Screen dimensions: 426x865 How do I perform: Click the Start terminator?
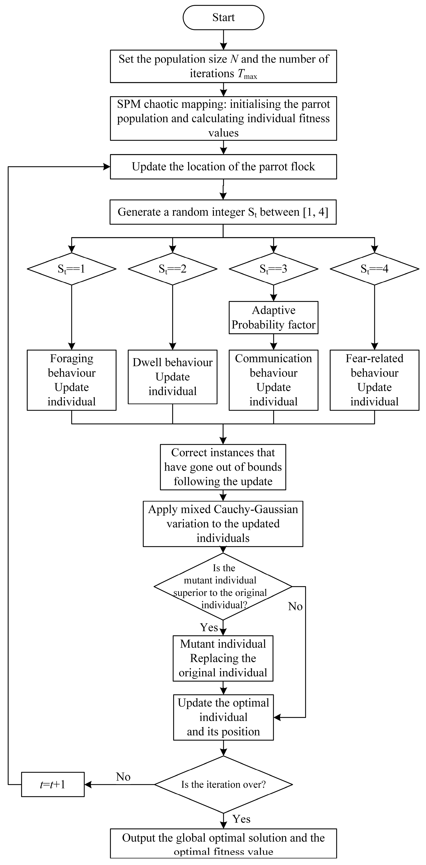point(223,17)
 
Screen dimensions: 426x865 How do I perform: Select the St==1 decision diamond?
point(72,269)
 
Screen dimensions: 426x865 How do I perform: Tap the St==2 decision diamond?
point(172,269)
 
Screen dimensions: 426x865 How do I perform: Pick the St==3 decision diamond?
point(273,269)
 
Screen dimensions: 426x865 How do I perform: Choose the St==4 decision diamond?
point(374,269)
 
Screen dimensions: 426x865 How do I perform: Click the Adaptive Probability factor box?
point(273,318)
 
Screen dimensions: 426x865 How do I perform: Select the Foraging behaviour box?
point(72,380)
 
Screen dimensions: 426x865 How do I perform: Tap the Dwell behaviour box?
point(172,377)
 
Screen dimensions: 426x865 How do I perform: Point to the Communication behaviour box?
point(273,380)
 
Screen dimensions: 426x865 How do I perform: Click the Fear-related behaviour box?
point(374,380)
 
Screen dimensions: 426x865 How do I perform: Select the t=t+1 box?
point(53,784)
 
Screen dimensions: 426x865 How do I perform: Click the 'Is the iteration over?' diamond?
point(223,784)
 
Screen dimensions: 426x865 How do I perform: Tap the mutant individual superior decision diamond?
point(223,586)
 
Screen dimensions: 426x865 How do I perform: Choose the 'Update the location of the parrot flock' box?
point(223,167)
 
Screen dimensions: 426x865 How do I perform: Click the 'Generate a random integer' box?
point(223,212)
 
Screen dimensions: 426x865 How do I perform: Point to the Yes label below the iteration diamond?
point(241,819)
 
